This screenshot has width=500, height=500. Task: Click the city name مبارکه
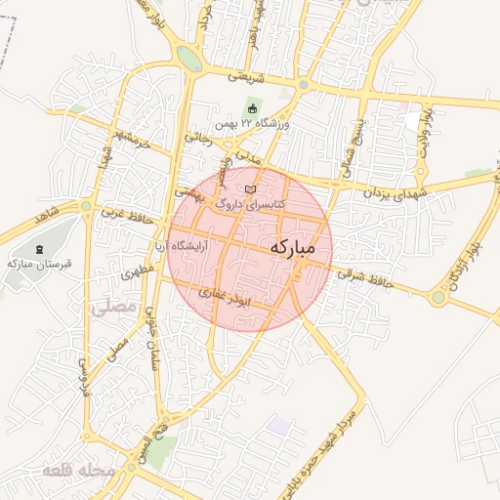pos(292,248)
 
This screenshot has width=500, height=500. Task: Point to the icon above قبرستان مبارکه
pos(38,249)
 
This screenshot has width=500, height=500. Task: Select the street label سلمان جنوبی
pos(152,338)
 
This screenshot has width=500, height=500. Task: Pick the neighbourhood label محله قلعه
pos(78,472)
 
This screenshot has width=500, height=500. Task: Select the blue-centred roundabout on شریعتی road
pos(304,85)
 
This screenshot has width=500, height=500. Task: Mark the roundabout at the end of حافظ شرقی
pos(438,297)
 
